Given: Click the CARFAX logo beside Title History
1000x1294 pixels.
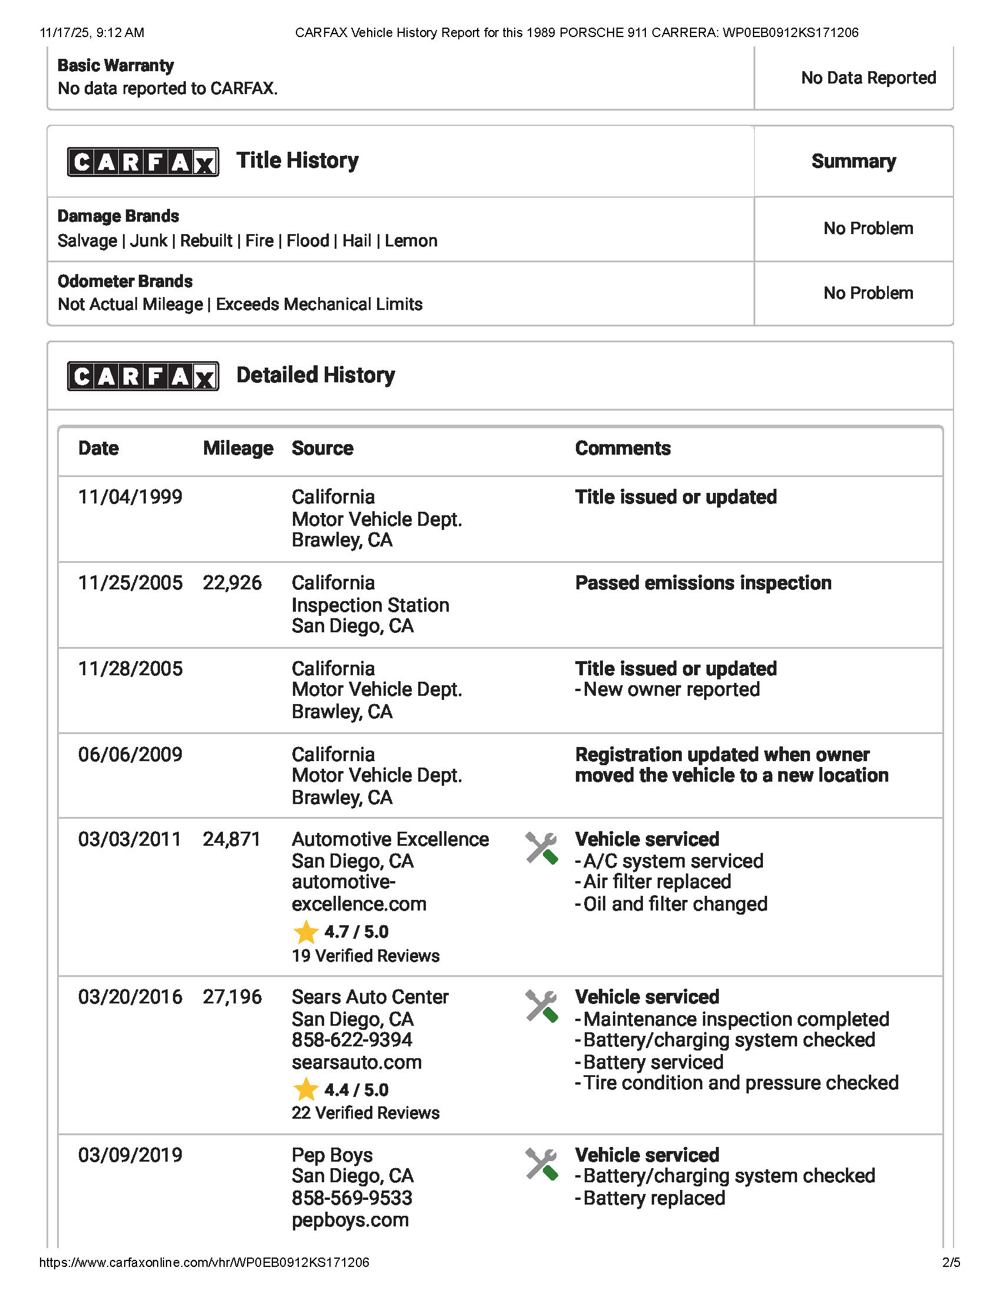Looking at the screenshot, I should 143,162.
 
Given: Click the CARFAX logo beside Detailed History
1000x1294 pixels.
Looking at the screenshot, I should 143,376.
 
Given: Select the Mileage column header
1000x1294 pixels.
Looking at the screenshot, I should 238,449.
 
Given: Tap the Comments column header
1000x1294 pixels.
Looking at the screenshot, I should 622,449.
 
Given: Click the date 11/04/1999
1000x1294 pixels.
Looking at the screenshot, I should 131,497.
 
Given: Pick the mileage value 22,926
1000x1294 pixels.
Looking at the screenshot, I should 232,583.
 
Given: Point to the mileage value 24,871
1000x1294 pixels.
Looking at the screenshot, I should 232,839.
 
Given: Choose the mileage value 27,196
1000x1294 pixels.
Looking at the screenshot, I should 232,997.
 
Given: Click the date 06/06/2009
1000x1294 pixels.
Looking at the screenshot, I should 131,755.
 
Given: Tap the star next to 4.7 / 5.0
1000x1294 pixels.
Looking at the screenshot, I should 306,932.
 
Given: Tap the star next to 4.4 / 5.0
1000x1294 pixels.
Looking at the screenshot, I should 306,1089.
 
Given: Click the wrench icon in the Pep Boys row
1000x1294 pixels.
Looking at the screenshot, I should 541,1164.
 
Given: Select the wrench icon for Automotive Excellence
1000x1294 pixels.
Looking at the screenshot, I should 541,848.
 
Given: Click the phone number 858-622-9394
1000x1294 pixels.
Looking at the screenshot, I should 352,1040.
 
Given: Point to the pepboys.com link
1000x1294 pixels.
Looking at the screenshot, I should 350,1220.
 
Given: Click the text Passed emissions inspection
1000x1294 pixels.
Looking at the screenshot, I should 703,583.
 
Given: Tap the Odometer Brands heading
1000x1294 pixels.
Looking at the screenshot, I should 125,281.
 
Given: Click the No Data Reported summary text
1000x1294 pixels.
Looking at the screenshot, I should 868,78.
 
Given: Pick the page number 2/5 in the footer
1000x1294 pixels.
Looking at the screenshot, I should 951,1263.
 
